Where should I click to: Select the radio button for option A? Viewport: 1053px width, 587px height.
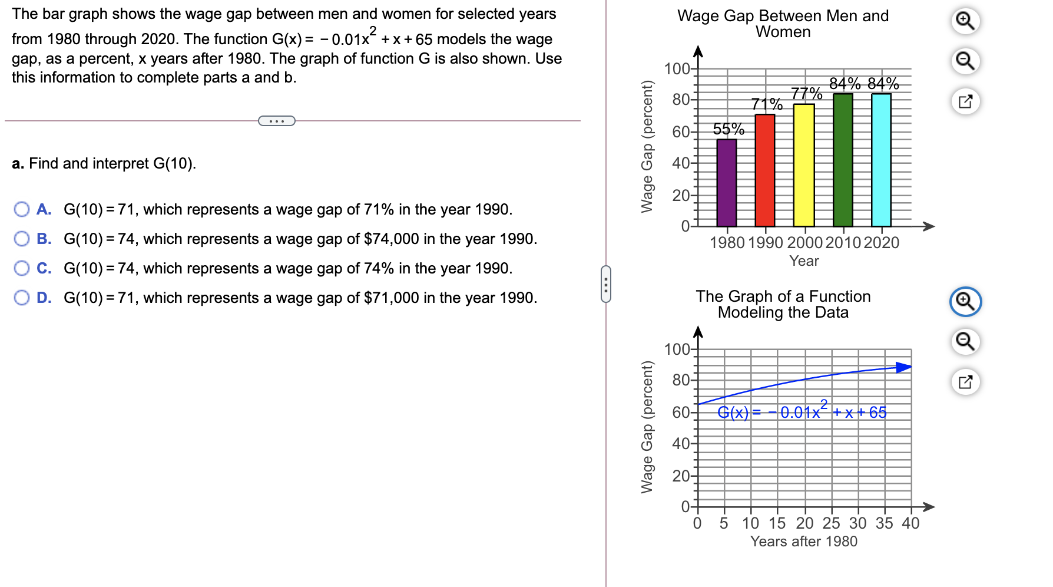[22, 209]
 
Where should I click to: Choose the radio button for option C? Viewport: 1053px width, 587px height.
[22, 268]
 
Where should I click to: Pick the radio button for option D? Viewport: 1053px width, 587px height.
[22, 298]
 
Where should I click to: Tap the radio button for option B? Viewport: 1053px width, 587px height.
[22, 239]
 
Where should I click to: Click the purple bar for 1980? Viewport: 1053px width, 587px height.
[727, 183]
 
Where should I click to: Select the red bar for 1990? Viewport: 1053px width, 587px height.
[765, 171]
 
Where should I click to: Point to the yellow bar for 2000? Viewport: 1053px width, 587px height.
[804, 165]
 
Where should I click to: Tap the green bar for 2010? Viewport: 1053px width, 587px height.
[843, 159]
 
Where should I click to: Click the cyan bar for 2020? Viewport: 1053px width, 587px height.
[881, 159]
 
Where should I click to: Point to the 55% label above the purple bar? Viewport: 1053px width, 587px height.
[729, 128]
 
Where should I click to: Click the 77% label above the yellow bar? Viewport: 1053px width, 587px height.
[806, 93]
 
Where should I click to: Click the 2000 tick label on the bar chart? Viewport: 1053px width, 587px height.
[804, 242]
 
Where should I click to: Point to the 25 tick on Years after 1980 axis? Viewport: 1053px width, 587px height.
[831, 523]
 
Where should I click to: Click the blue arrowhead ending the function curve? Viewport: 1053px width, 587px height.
[903, 367]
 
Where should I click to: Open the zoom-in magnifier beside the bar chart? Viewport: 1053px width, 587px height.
[965, 21]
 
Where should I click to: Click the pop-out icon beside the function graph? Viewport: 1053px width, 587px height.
[965, 382]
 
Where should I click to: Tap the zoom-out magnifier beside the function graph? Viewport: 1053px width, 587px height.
[965, 341]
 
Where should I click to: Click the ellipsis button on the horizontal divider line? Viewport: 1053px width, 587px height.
[277, 121]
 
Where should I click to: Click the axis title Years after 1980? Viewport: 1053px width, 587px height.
[804, 541]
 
